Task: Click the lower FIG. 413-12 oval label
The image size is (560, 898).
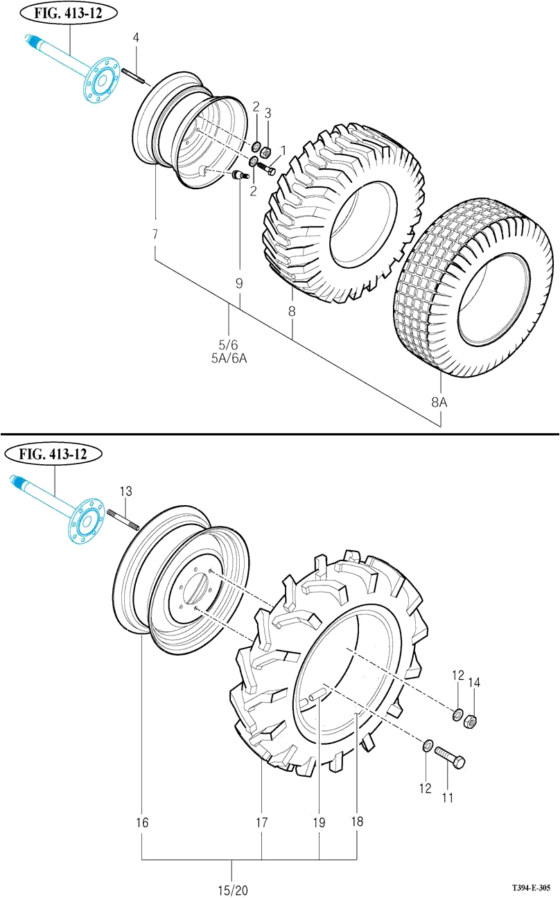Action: (x=53, y=455)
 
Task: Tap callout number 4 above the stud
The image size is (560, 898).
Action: (x=137, y=37)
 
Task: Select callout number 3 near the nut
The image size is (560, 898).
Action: (x=268, y=112)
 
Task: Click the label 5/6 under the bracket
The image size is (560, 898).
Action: (x=229, y=344)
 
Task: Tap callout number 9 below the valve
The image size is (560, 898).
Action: (x=239, y=283)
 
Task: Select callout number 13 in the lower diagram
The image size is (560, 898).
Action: (x=125, y=491)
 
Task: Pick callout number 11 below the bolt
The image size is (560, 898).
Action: (x=448, y=798)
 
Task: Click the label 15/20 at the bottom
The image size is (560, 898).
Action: (x=232, y=890)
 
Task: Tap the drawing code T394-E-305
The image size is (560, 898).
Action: (x=532, y=888)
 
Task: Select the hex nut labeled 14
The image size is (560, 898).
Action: (x=469, y=721)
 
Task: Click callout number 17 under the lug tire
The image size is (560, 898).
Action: (x=261, y=823)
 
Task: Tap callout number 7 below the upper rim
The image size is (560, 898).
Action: (x=155, y=235)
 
